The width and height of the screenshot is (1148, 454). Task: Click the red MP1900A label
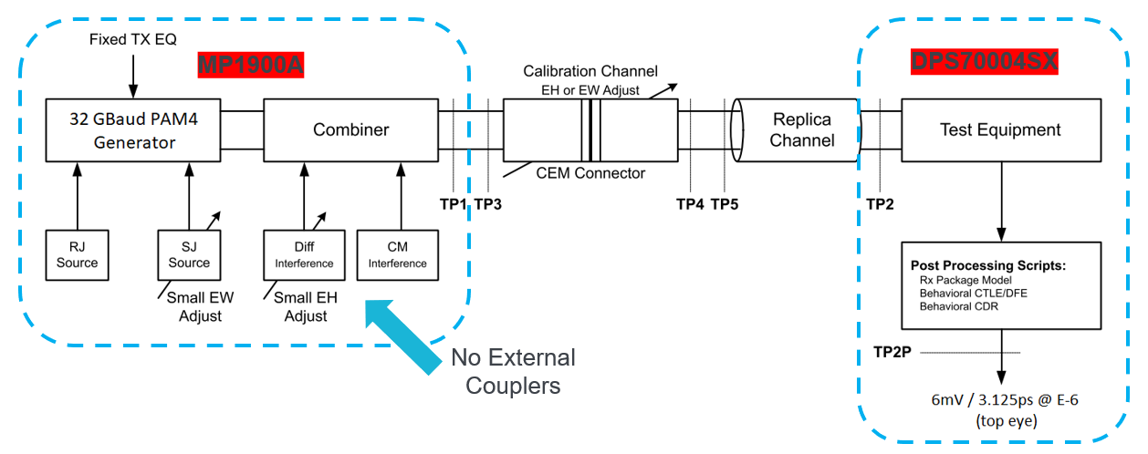[x=250, y=66]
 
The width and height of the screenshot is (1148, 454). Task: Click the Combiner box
[x=350, y=129]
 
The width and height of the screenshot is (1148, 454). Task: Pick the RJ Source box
[x=77, y=255]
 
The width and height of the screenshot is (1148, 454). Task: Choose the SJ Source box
[x=189, y=255]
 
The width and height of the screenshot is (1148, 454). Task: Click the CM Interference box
[x=397, y=255]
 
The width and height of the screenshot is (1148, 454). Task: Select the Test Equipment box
[x=1000, y=129]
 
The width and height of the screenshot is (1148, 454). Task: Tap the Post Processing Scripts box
[x=1000, y=285]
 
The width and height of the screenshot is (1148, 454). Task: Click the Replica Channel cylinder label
[x=802, y=129]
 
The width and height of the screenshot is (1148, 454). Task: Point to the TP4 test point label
[x=690, y=204]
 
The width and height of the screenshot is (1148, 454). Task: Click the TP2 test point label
[x=881, y=204]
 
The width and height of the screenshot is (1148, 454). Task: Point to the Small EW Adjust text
[x=194, y=306]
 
